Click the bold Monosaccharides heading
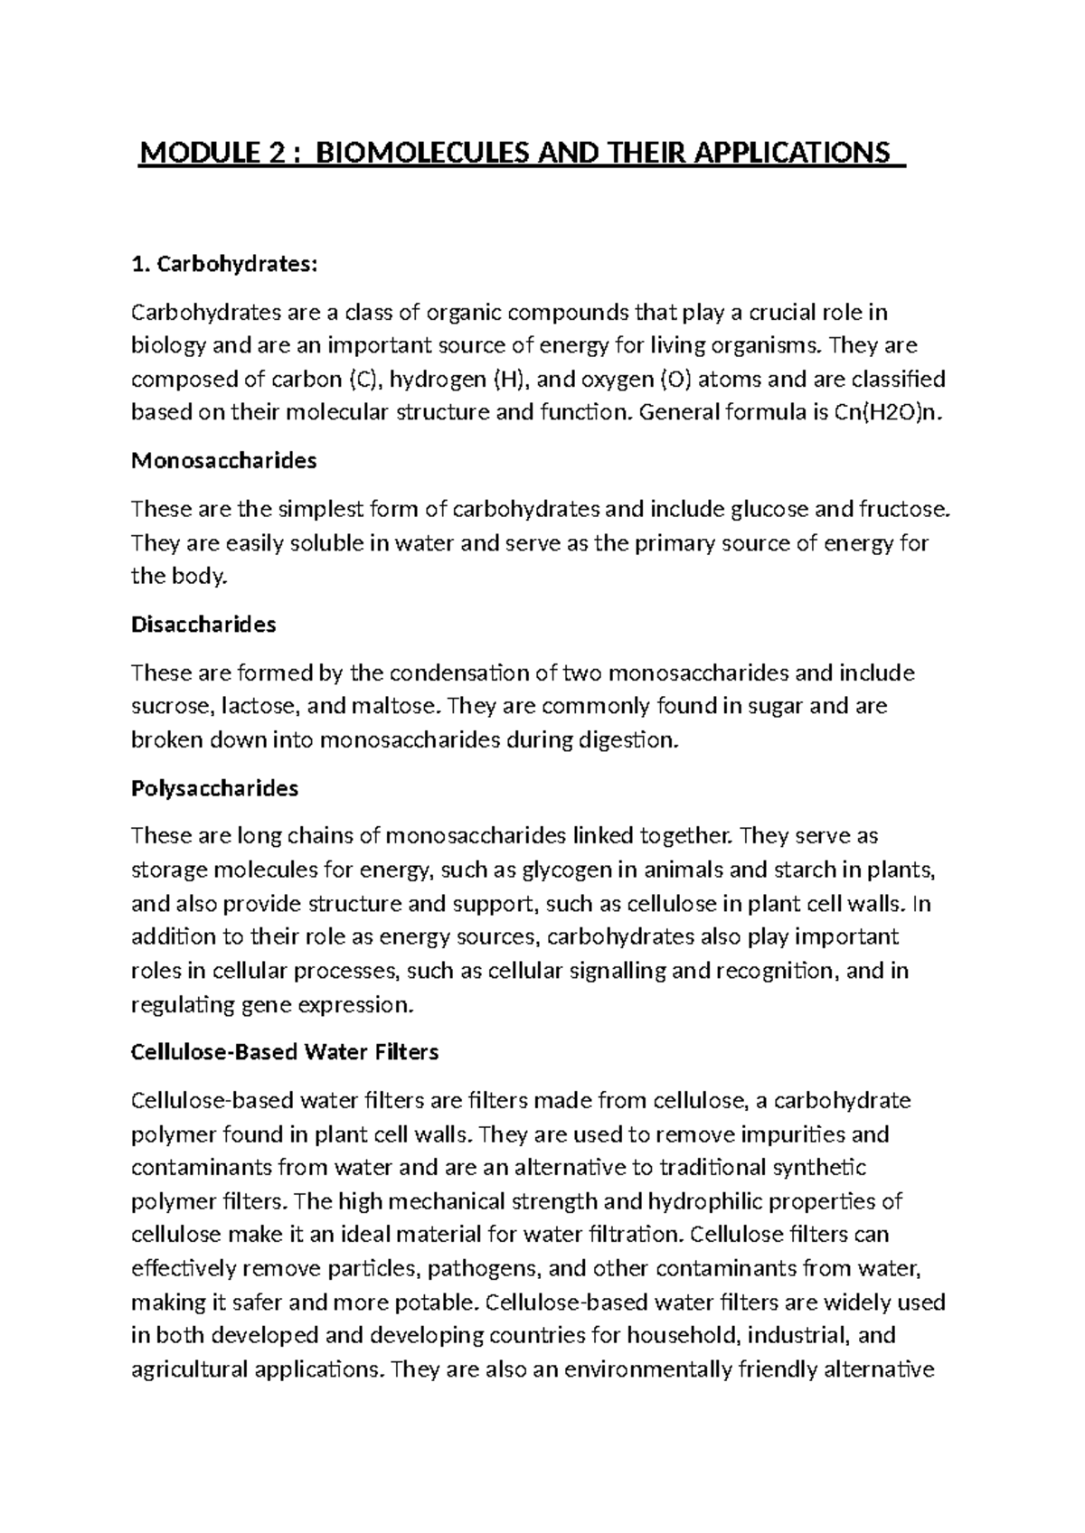tap(224, 461)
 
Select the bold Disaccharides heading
tap(203, 625)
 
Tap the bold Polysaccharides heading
tap(214, 788)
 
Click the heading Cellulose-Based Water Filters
tap(285, 1052)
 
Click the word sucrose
tap(168, 706)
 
